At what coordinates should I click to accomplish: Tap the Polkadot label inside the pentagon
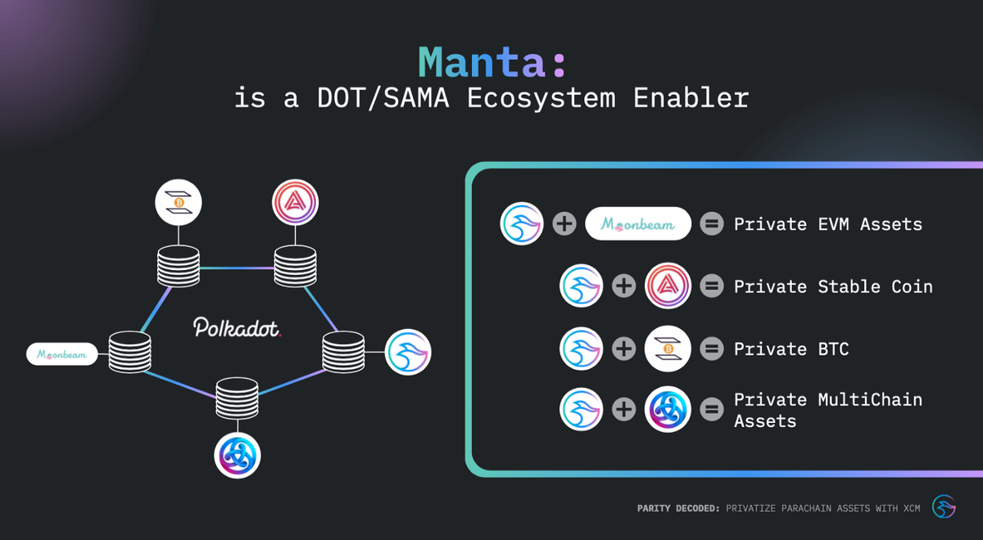[x=238, y=328]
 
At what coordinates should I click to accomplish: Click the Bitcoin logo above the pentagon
[x=178, y=202]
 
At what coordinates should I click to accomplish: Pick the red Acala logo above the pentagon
[x=295, y=201]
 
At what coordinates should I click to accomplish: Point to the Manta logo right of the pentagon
[x=408, y=352]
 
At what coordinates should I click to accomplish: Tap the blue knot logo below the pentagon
[x=238, y=455]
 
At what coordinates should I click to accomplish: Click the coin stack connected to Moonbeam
[x=131, y=353]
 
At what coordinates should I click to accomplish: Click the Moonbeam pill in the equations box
[x=638, y=223]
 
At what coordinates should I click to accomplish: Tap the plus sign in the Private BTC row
[x=624, y=349]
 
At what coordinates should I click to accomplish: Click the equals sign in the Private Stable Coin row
[x=712, y=286]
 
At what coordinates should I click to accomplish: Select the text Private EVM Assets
[x=827, y=224]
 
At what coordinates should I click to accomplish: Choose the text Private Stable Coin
[x=832, y=286]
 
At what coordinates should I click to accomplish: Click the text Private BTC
[x=790, y=349]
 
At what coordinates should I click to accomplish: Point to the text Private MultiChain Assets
[x=827, y=410]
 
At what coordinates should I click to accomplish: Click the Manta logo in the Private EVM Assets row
[x=523, y=224]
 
